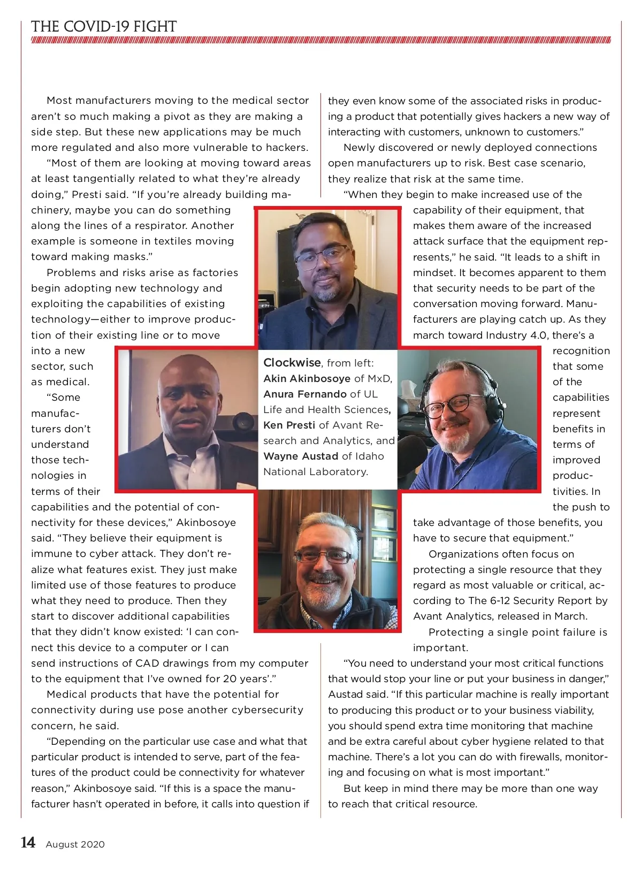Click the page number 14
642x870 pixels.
pyautogui.click(x=28, y=843)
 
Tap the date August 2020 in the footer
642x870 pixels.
pyautogui.click(x=75, y=844)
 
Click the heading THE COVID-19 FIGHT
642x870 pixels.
pyautogui.click(x=104, y=27)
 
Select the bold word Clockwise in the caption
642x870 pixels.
pyautogui.click(x=292, y=363)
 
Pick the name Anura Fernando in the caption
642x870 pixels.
pyautogui.click(x=305, y=394)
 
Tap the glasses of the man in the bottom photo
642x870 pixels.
pyautogui.click(x=323, y=556)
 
